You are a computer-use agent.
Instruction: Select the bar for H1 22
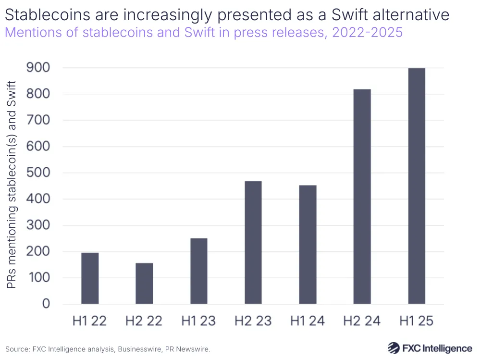tap(90, 278)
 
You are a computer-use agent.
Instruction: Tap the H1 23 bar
tap(199, 271)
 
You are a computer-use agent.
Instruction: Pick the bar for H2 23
tap(253, 242)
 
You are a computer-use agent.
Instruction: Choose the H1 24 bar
tap(308, 245)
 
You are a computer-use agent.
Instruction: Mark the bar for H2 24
tap(362, 197)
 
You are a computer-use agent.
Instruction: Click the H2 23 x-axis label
tap(253, 321)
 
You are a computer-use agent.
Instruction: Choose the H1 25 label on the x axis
tap(417, 321)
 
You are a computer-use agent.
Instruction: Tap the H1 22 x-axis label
tap(90, 321)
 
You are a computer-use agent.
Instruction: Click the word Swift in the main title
tap(343, 15)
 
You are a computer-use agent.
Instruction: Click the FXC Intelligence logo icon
tap(394, 348)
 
